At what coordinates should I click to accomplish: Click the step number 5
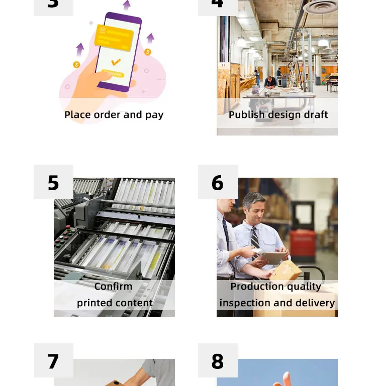click(53, 183)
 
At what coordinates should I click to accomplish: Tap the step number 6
click(217, 183)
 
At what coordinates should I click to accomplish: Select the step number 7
click(53, 361)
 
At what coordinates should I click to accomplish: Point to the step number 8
click(217, 361)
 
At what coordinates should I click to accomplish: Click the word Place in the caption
click(77, 115)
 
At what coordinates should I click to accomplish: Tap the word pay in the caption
click(154, 115)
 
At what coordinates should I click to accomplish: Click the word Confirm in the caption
click(113, 286)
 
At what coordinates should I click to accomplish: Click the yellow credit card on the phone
click(114, 38)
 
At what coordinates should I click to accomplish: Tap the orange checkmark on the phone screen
click(116, 62)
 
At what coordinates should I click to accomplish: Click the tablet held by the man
click(273, 258)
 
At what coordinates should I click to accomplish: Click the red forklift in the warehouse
click(303, 245)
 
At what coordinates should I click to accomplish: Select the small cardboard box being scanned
click(286, 270)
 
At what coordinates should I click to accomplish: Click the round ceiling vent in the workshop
click(320, 8)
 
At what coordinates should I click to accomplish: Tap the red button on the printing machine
click(68, 227)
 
